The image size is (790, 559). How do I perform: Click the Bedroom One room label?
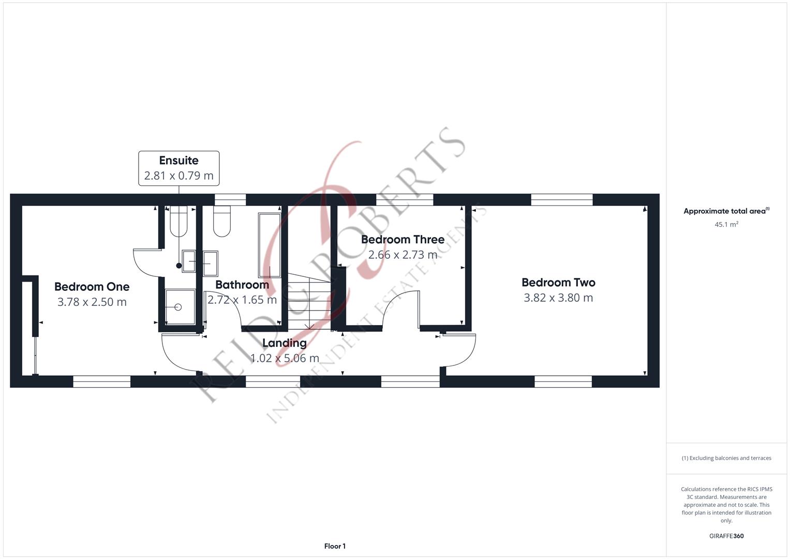pos(92,287)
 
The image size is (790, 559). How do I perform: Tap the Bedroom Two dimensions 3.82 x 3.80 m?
pos(558,298)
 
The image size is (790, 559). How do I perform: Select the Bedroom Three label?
pos(403,239)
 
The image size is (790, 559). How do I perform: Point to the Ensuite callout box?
pos(179,168)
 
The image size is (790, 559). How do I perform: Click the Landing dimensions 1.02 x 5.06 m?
pos(285,358)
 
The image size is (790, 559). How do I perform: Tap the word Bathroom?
pos(242,285)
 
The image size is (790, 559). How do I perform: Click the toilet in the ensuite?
pos(178,221)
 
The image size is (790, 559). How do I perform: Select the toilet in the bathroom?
pos(222,221)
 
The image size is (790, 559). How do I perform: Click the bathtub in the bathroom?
pos(270,245)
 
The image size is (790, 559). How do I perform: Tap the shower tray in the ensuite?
pos(180,306)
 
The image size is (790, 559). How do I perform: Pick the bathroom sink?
pos(211,263)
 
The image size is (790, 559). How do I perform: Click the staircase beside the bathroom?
pos(309,301)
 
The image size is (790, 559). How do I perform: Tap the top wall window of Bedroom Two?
pos(562,200)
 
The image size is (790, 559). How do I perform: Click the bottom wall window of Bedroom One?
pos(101,381)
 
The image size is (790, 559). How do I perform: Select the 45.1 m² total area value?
pos(726,225)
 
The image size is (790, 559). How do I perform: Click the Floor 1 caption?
pos(335,546)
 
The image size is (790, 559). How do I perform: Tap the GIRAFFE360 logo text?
pos(726,536)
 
